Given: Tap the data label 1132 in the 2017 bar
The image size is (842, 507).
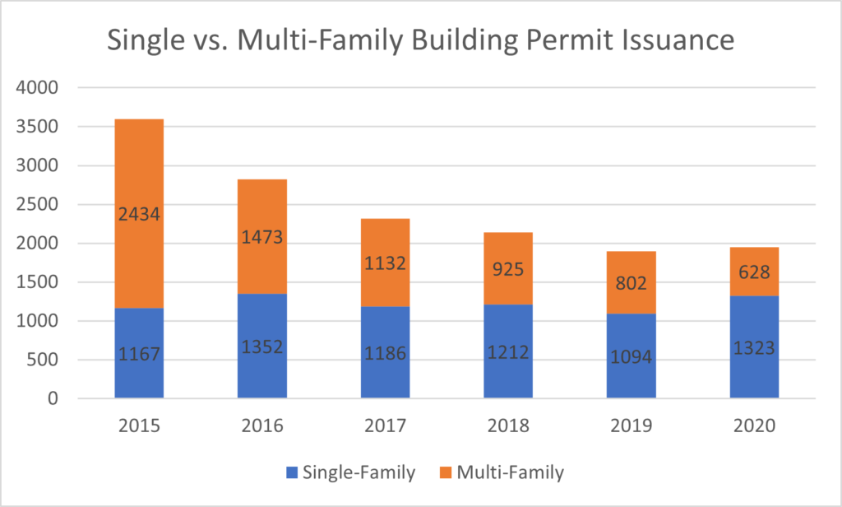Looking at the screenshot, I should point(385,264).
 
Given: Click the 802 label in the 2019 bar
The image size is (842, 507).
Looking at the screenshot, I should point(631,283).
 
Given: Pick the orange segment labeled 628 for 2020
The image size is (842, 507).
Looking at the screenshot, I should point(754,272).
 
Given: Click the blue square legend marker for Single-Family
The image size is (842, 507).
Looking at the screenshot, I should point(291,472).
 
